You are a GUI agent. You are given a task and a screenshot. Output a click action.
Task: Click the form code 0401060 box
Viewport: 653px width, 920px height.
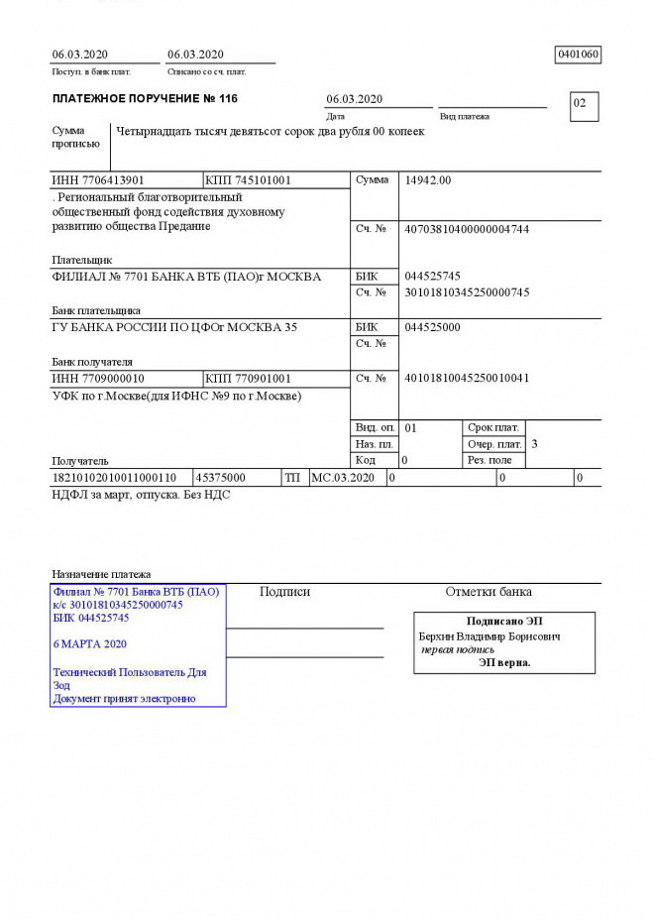(x=579, y=55)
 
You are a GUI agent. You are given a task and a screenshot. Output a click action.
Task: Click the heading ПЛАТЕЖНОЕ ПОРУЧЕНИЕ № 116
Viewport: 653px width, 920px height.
(x=145, y=99)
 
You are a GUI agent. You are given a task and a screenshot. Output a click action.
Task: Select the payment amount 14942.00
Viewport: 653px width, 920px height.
(x=428, y=180)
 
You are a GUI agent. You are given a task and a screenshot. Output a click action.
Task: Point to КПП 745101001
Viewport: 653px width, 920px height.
(x=248, y=180)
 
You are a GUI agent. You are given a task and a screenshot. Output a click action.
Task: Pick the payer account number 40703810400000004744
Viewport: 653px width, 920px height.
(x=467, y=229)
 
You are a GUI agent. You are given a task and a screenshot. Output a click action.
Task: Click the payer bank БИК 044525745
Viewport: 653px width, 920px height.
(x=433, y=276)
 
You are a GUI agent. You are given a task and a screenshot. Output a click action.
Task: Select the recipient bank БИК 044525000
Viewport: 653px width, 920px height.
(x=433, y=327)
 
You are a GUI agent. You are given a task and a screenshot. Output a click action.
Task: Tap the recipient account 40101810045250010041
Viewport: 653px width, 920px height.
(x=467, y=379)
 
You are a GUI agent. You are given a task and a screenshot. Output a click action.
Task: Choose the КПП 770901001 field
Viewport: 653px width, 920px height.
(x=248, y=379)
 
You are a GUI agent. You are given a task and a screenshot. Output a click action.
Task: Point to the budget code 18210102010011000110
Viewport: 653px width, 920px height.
(x=114, y=478)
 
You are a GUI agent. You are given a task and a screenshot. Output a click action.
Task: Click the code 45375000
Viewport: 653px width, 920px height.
(x=221, y=478)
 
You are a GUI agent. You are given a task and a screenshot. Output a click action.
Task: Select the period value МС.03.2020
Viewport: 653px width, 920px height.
(x=343, y=478)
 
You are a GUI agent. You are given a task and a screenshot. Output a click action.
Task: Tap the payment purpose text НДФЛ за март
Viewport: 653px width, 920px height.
(x=141, y=494)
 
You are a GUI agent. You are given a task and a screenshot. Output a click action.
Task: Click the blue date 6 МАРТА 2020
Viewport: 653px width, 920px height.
(x=89, y=643)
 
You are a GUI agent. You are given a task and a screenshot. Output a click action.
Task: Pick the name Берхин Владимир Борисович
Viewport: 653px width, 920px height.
(x=490, y=636)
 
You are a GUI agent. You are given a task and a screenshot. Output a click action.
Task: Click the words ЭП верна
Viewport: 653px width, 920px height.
(x=504, y=662)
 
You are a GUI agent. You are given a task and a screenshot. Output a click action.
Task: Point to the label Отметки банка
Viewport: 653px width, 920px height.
(x=488, y=592)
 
